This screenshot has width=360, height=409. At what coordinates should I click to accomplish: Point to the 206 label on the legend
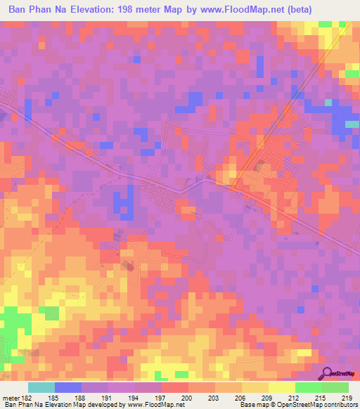[x=243, y=398]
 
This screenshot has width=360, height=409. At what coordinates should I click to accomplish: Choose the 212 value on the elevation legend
[x=296, y=398]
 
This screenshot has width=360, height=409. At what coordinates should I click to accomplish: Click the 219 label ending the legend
[x=348, y=398]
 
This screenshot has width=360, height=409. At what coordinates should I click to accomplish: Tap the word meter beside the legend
[x=10, y=398]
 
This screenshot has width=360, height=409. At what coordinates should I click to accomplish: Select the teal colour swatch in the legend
[x=41, y=387]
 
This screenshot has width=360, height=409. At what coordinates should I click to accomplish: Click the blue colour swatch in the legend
[x=68, y=387]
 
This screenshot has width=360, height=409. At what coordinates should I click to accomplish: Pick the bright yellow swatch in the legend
[x=282, y=387]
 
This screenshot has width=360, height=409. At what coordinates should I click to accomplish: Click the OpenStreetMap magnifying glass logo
[x=327, y=373]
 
